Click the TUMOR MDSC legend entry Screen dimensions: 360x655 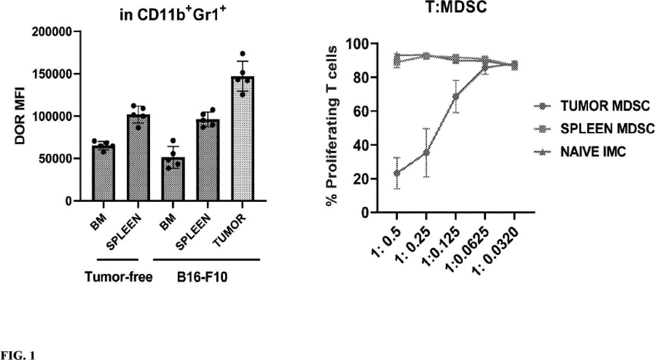(604, 106)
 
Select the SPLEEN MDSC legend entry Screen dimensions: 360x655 (607, 129)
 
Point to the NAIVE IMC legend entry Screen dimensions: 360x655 (592, 152)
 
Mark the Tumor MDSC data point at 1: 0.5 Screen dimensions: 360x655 (397, 173)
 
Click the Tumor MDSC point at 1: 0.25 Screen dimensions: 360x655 (426, 152)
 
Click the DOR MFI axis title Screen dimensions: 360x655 (20, 116)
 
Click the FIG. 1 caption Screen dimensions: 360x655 (18, 355)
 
